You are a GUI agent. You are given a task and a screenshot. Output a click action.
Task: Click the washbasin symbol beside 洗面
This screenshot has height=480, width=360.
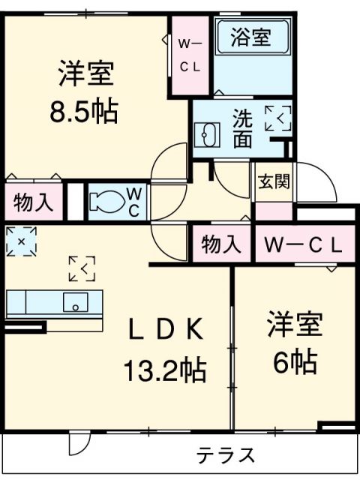pyautogui.click(x=206, y=136)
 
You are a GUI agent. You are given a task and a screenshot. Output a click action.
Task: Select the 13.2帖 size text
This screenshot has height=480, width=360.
pyautogui.click(x=164, y=369)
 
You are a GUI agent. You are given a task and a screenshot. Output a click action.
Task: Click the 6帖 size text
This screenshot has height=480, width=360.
pyautogui.click(x=294, y=362)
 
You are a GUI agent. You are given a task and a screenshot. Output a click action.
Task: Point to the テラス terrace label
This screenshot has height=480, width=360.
pyautogui.click(x=226, y=454)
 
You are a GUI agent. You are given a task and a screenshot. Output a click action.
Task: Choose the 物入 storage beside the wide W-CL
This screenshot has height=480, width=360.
pyautogui.click(x=221, y=244)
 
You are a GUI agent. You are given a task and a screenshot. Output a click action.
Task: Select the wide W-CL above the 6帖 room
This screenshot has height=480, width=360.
pyautogui.click(x=299, y=244)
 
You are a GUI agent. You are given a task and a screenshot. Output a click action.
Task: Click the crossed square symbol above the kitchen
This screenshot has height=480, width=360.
pyautogui.click(x=20, y=241)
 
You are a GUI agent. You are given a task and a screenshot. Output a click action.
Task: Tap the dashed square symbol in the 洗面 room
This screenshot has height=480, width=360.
pyautogui.click(x=277, y=118)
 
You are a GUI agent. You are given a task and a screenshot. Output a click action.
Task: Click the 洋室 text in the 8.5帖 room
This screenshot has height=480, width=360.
pyautogui.click(x=87, y=75)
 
